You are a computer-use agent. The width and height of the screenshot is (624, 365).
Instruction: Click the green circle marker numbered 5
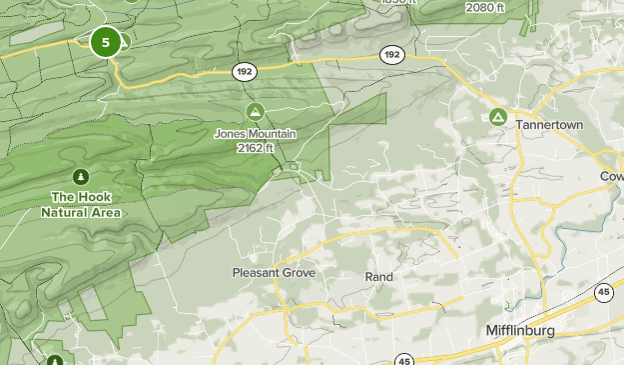105,42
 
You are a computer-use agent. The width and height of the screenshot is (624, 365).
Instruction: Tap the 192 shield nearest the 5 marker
244,71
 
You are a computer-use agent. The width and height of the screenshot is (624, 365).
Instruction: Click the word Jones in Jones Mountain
231,133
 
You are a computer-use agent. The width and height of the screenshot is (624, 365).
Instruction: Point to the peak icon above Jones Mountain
255,110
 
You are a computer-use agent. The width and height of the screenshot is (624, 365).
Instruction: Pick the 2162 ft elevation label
256,148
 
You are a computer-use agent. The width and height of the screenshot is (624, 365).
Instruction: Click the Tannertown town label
548,125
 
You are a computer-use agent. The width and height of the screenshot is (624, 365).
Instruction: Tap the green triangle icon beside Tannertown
497,118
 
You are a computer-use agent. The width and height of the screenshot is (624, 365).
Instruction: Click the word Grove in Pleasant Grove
299,273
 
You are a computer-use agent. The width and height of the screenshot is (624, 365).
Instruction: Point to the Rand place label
378,276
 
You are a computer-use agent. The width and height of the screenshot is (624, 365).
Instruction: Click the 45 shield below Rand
403,360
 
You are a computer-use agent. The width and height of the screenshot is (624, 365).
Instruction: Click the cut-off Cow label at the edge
611,176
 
